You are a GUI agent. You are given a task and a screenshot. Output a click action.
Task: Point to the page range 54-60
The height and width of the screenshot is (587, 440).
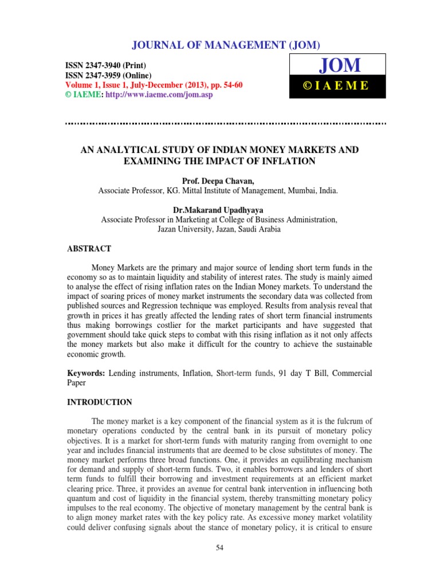[x=230, y=85]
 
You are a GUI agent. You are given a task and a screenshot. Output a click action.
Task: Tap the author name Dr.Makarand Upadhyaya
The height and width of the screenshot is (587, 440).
[x=219, y=210]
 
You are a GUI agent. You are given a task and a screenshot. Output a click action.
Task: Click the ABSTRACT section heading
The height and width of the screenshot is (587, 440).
[x=89, y=249]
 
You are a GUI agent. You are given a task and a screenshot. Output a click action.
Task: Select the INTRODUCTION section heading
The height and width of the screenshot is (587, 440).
[x=100, y=402]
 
